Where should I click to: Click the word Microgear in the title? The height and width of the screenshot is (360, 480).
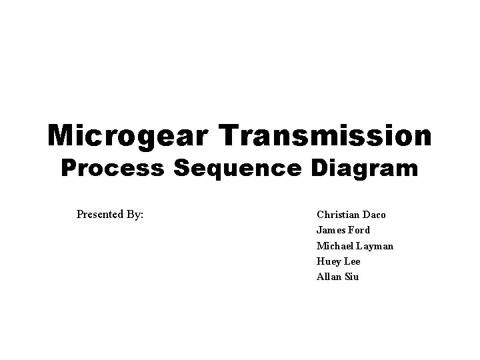click(x=127, y=135)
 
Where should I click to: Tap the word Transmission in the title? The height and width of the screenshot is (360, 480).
click(x=323, y=135)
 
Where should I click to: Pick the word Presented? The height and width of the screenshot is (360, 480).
click(x=98, y=215)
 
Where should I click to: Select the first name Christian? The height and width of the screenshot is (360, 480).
click(x=337, y=215)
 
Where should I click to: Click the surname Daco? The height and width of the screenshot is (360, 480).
click(x=373, y=215)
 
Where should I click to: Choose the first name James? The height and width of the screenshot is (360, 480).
click(x=331, y=230)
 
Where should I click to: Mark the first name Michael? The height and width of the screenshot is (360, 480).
click(x=335, y=246)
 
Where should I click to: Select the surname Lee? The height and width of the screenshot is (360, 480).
click(x=352, y=261)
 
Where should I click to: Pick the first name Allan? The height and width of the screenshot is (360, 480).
click(x=329, y=277)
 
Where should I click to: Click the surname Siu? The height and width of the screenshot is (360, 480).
click(x=351, y=277)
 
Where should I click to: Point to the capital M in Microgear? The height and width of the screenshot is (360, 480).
click(x=61, y=135)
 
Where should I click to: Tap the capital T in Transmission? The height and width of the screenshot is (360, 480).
click(x=224, y=135)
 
